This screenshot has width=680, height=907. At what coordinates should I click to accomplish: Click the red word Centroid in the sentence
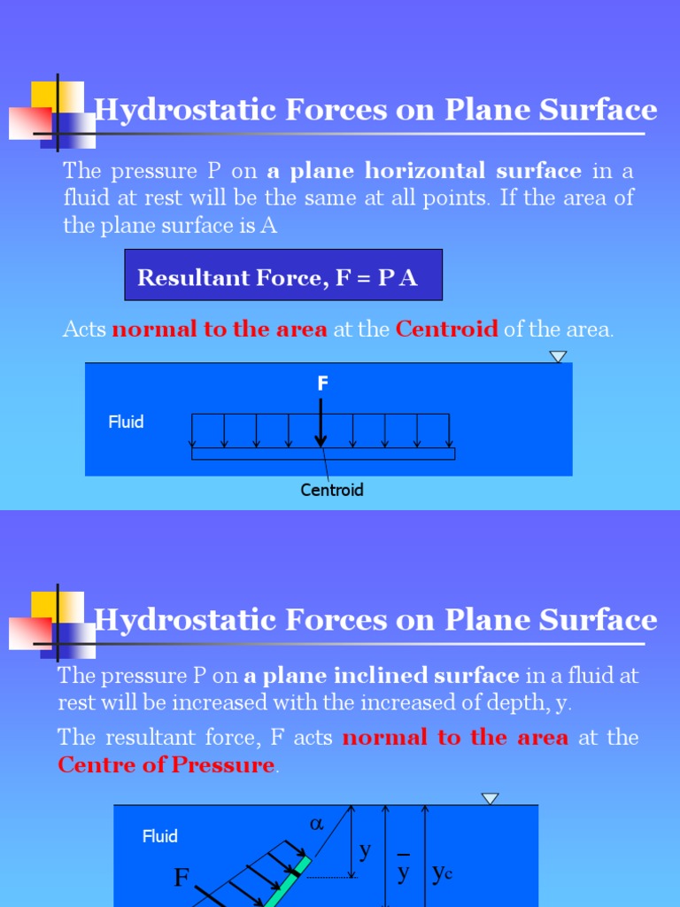click(446, 329)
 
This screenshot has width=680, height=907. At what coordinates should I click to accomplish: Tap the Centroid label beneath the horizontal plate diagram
click(332, 490)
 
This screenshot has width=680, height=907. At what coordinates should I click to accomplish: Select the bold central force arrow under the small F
click(321, 423)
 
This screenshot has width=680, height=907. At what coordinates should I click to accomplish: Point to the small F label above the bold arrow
click(323, 384)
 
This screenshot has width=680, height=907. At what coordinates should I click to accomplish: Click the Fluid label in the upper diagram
click(126, 422)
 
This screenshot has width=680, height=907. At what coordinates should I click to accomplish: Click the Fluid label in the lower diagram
click(160, 836)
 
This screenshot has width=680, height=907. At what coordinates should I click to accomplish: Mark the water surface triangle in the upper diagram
click(558, 357)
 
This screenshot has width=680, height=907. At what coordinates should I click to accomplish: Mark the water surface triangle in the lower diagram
click(491, 799)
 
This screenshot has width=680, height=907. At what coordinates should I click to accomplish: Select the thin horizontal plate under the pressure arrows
click(323, 453)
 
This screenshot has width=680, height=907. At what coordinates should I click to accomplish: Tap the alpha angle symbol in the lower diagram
click(317, 824)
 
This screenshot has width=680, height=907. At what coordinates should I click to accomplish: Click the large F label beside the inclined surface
click(182, 878)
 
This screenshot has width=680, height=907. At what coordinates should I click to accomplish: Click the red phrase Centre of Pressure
click(166, 765)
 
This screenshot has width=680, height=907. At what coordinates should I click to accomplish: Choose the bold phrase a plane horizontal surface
click(424, 171)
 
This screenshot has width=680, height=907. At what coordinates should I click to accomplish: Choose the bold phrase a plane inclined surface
click(382, 677)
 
